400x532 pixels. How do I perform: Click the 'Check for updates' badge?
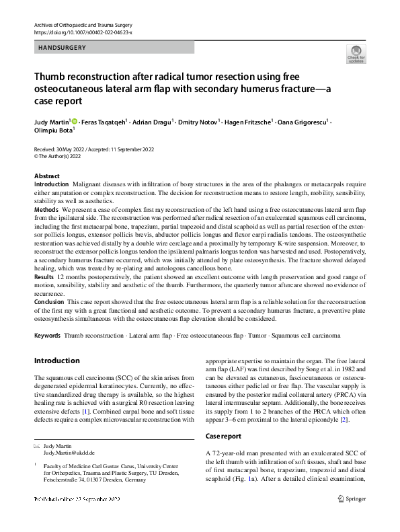(x=356, y=54)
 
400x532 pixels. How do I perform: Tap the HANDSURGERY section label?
(x=62, y=48)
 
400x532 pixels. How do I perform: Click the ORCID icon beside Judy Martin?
(x=75, y=122)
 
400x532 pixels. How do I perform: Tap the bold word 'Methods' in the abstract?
(x=46, y=210)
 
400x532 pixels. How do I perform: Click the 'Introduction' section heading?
(x=56, y=360)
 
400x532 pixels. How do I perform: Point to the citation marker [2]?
(x=345, y=401)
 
